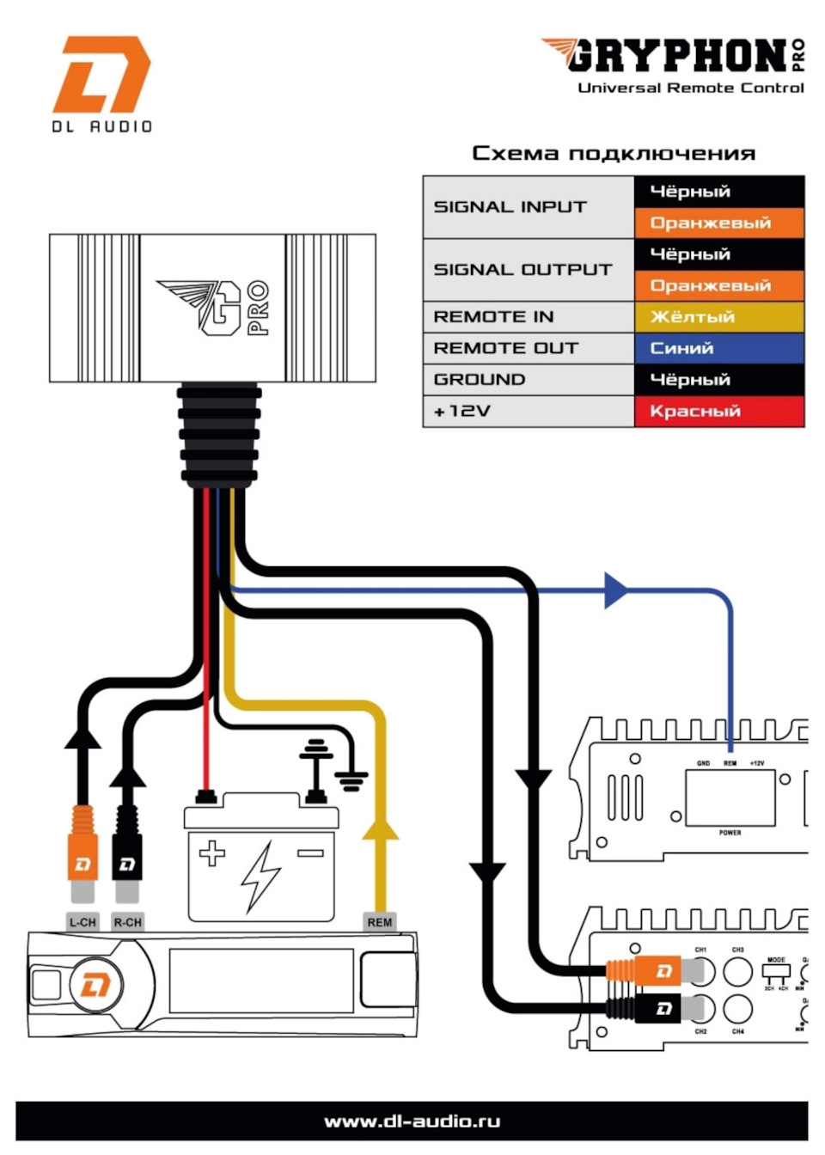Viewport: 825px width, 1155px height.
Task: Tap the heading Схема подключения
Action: [x=614, y=154]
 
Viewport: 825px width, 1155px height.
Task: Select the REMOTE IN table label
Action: [x=493, y=317]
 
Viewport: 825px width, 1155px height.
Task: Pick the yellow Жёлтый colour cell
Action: [x=719, y=317]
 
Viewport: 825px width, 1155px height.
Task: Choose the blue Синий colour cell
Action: [x=719, y=348]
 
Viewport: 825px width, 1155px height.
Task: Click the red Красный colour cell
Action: [x=719, y=411]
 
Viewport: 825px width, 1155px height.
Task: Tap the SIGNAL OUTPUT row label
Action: [x=522, y=270]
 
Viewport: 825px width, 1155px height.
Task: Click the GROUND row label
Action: [x=479, y=380]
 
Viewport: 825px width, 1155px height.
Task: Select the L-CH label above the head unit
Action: [x=82, y=922]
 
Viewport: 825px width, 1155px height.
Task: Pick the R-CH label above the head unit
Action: [x=127, y=922]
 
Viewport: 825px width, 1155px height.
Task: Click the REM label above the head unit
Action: [x=379, y=922]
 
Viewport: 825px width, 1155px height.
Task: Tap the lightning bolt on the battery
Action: [x=260, y=875]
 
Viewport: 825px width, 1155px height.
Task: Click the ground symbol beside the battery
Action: [x=350, y=780]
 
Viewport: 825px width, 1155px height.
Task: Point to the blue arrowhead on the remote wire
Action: [x=615, y=590]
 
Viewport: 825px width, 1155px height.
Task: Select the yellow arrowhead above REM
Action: [x=380, y=829]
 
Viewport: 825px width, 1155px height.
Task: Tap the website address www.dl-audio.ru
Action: [x=412, y=1121]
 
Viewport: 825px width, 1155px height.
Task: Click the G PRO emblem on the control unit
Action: [x=215, y=307]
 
